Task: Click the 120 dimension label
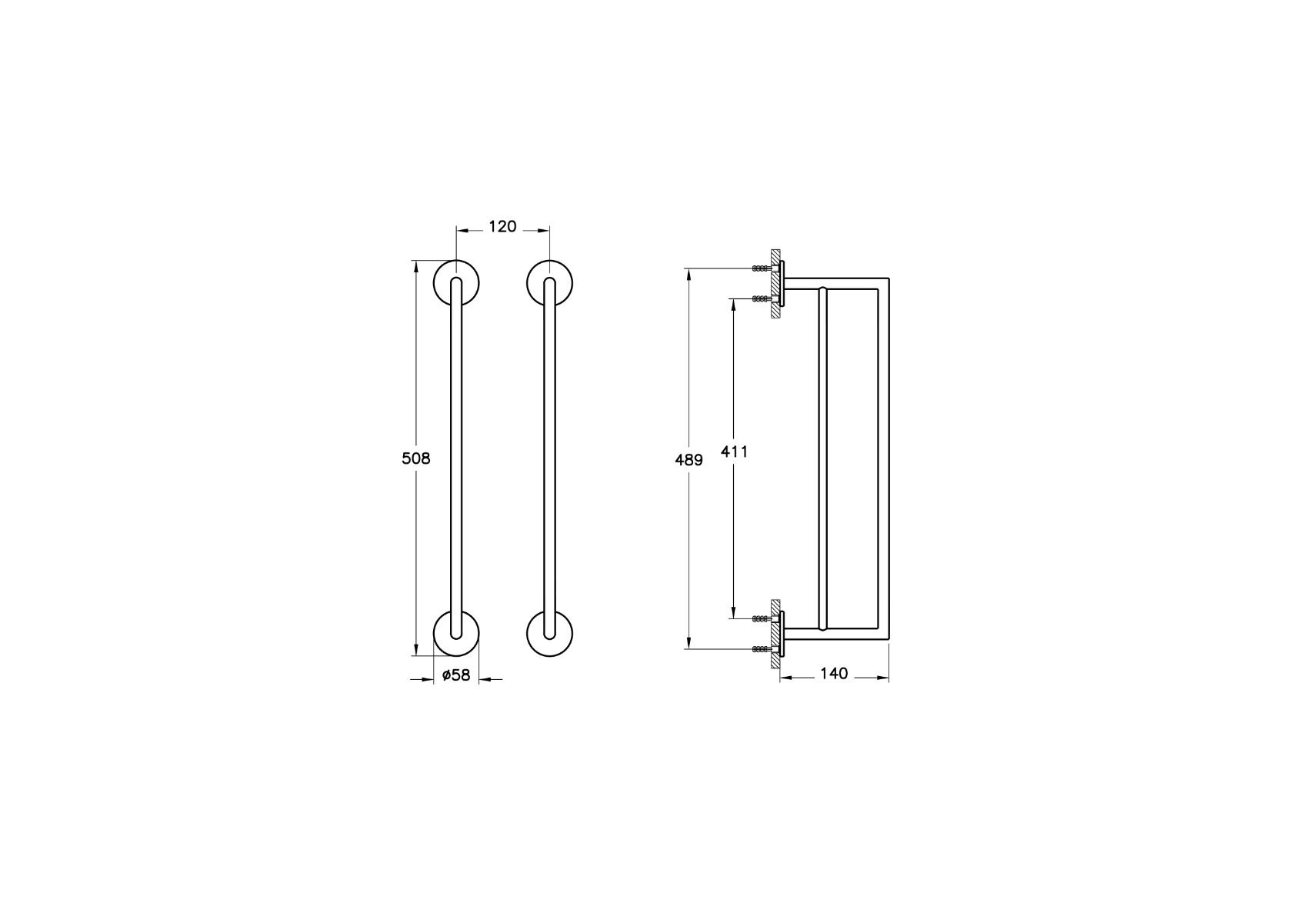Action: click(x=502, y=226)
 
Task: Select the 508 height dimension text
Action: click(x=416, y=458)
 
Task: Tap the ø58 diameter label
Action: click(x=456, y=675)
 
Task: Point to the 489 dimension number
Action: click(x=689, y=460)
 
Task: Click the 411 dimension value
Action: click(x=734, y=451)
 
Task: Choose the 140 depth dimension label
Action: click(x=834, y=673)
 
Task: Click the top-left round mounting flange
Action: click(x=456, y=283)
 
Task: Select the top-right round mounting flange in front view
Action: click(x=549, y=283)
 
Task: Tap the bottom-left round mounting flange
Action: click(x=456, y=634)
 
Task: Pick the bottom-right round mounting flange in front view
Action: click(x=549, y=634)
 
